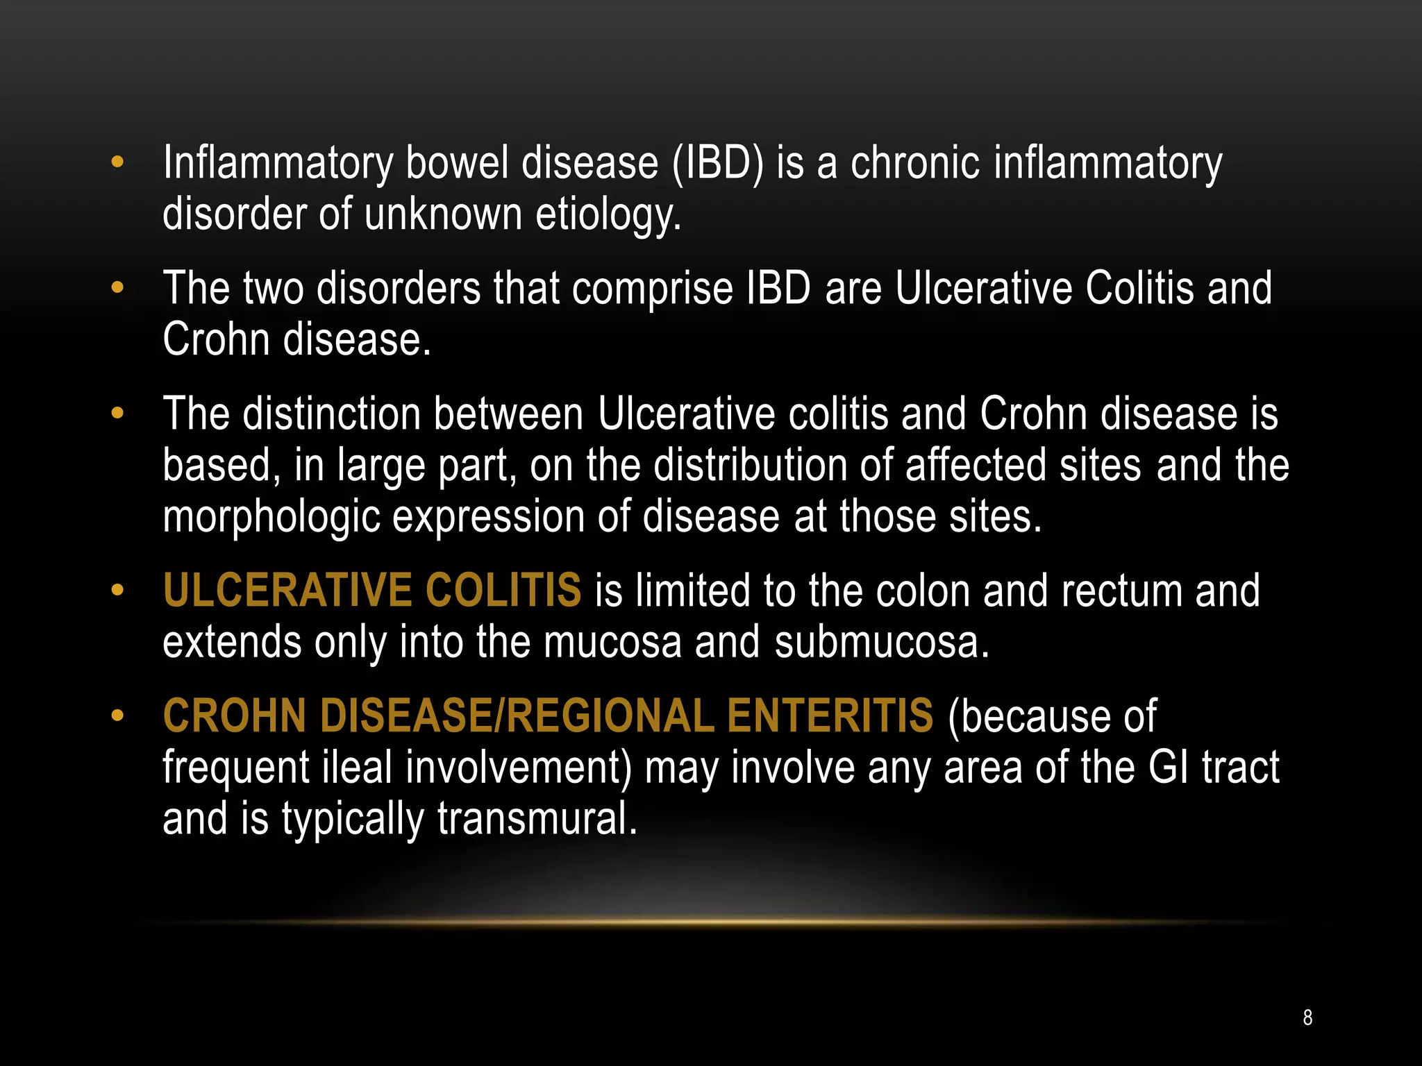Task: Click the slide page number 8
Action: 1307,1017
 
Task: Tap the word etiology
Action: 608,215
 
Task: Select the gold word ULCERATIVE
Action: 287,591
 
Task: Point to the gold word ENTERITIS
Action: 830,716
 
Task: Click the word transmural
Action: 537,818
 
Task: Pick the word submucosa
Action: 881,642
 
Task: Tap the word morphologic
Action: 271,517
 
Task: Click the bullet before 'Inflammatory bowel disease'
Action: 117,162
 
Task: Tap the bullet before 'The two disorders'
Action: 117,287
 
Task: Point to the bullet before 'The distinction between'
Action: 117,414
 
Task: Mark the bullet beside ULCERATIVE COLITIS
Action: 117,591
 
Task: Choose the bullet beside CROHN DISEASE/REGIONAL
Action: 117,716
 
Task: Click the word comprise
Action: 652,289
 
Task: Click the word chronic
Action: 915,164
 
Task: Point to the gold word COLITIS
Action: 503,591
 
